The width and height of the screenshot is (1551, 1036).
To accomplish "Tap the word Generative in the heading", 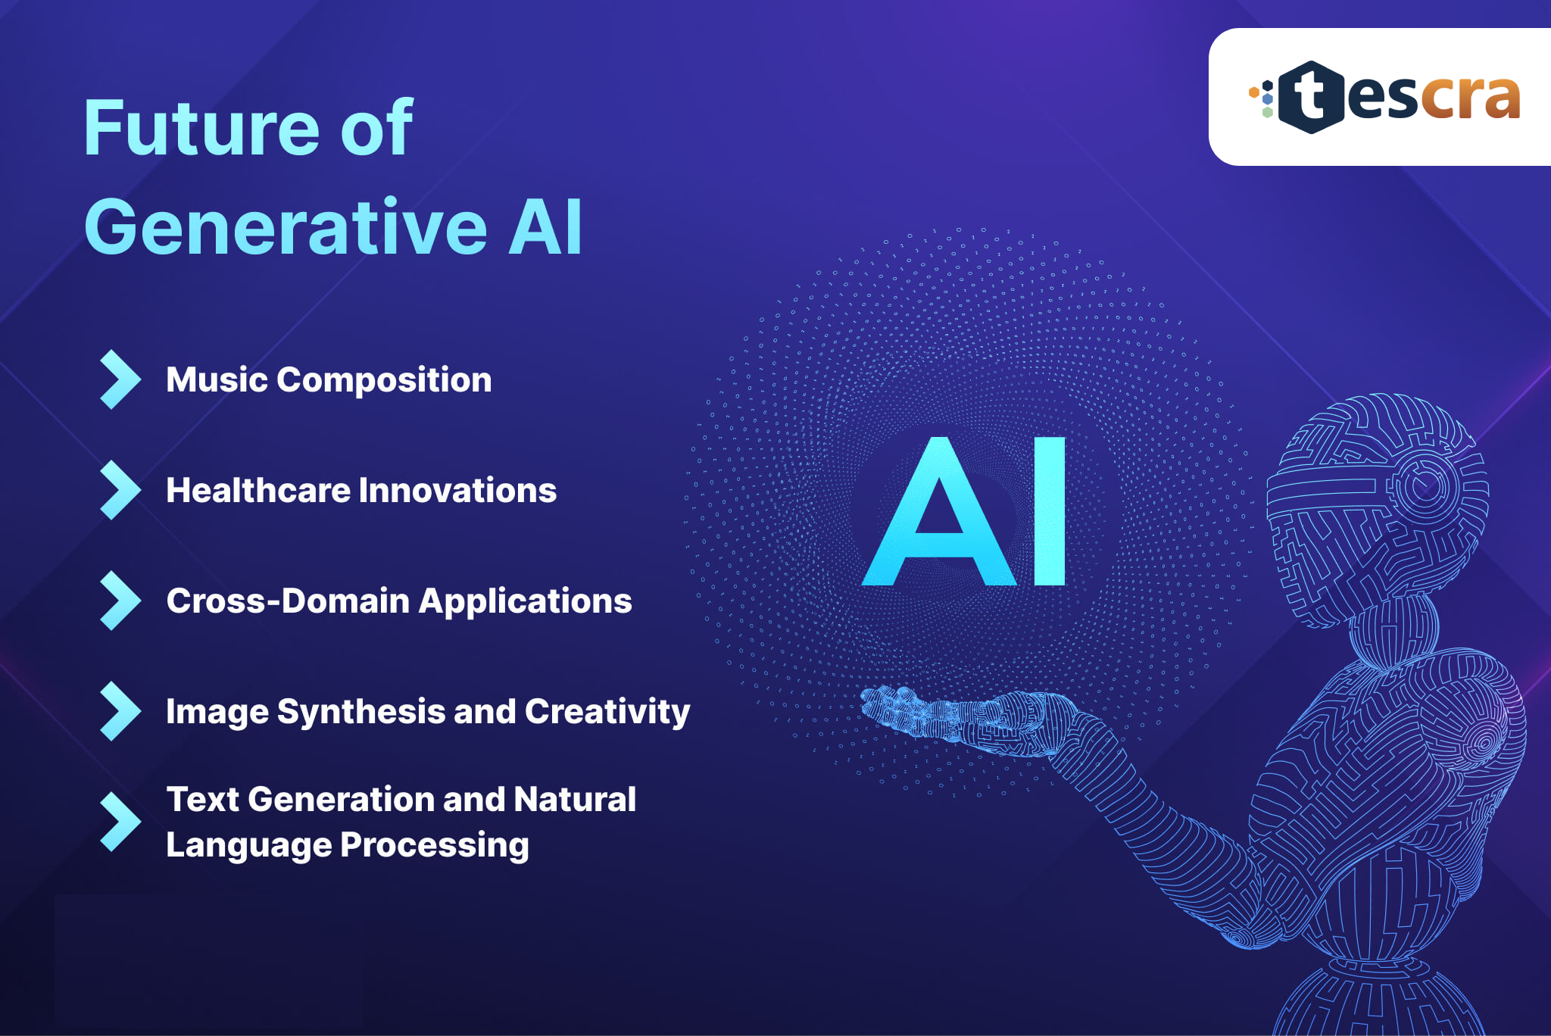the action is coord(286,226).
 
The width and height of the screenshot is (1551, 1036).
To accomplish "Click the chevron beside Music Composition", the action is coord(120,379).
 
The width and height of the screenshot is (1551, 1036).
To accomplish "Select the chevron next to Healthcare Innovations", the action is coord(120,490).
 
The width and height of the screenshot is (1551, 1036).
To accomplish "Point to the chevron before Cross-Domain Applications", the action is coord(120,601).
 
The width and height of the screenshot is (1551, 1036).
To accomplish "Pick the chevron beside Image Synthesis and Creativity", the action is coord(120,711).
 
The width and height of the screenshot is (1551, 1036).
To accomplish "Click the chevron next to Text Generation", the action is coord(120,822).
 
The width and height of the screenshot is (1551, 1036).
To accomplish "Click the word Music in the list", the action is coord(217,379).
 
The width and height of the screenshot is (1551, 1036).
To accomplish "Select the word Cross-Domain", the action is coord(288,601).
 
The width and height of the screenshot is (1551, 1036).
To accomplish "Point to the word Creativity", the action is coord(607,712).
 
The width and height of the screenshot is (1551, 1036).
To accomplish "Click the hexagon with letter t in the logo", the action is coord(1312,98).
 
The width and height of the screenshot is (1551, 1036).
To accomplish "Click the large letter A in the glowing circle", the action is coord(939,512).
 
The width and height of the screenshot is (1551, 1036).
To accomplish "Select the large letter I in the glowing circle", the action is coord(1050,512).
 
